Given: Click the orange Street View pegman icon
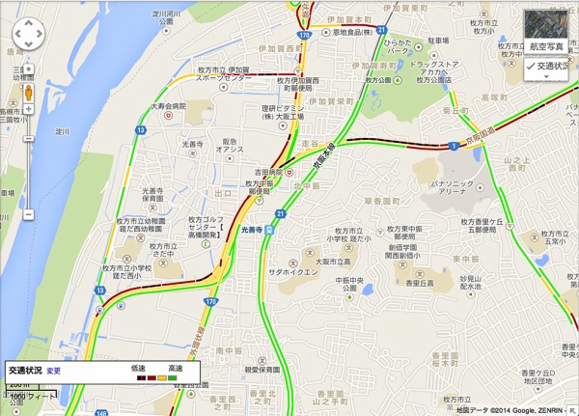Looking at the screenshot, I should (28, 93).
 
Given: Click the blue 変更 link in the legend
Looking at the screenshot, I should (54, 371).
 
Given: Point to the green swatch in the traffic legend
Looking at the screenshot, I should (171, 378).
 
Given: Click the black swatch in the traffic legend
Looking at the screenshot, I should (139, 378).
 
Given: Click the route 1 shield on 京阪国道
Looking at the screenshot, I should (453, 145).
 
